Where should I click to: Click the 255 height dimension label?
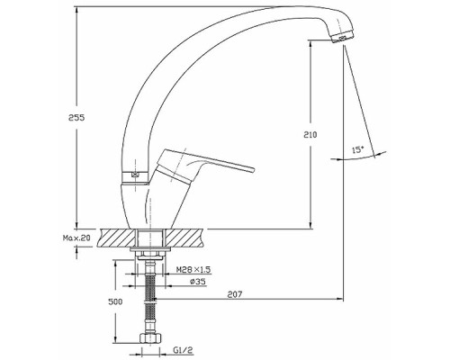(76, 118)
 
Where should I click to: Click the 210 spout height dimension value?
(310, 135)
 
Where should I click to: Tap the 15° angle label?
(357, 150)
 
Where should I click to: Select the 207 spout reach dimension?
(235, 294)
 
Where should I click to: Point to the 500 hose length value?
(115, 301)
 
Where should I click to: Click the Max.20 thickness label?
(76, 238)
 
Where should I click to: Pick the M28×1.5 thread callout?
(193, 270)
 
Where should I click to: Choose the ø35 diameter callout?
(197, 282)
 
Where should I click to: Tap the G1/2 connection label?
(183, 350)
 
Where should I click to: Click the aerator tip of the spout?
(344, 37)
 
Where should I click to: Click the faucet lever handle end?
(251, 169)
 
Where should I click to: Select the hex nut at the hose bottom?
(150, 337)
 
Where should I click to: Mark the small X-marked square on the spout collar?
(135, 175)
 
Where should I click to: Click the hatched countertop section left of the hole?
(118, 238)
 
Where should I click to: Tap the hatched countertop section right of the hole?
(184, 238)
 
